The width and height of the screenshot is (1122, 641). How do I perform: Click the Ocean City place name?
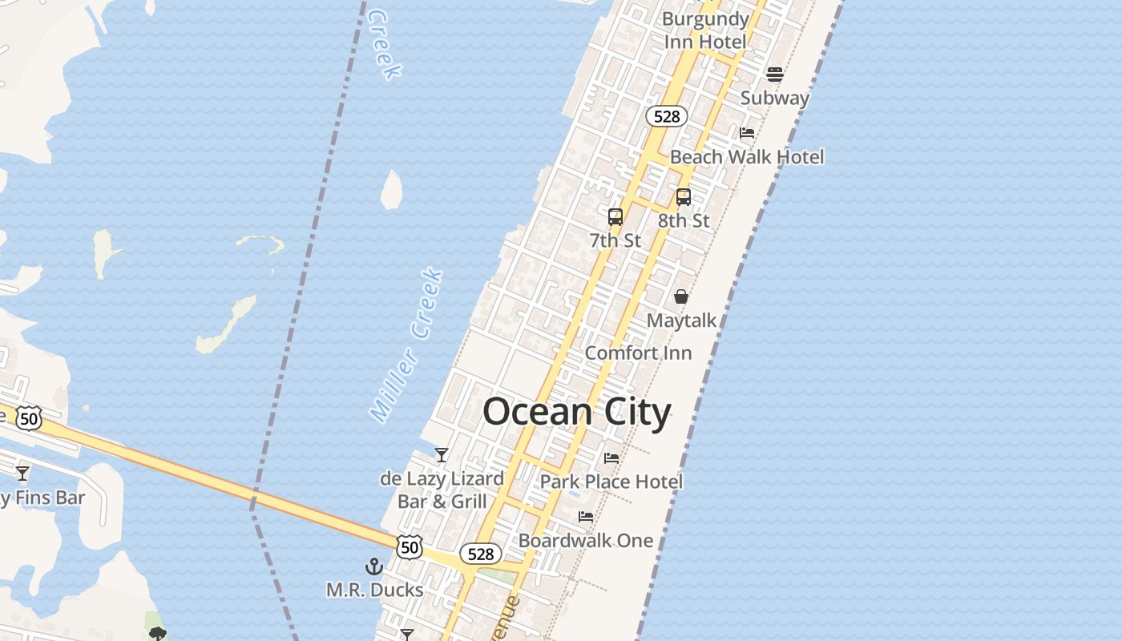coord(576,413)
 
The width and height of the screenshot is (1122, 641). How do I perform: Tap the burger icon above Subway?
coord(774,75)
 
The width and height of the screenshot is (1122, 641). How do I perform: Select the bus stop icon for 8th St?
coord(683,196)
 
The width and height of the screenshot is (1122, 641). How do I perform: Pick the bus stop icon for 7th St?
coord(615,216)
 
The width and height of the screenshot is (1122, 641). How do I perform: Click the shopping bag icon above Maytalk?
coord(680,296)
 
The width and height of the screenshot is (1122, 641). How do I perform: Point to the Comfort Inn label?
coord(638,353)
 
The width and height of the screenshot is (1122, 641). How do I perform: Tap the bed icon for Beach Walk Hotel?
coord(747,132)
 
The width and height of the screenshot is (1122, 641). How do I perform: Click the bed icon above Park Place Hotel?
coord(611,458)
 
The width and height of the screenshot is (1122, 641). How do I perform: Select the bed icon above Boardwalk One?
coord(586,517)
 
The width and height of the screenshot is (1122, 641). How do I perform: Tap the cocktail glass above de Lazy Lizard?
coord(441,455)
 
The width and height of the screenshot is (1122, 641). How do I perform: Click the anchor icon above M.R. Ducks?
coord(373,566)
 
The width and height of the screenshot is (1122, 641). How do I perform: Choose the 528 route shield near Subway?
coord(666,117)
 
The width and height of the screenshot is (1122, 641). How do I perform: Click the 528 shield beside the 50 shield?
coord(480,554)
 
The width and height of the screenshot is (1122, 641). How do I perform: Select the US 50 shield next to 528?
coord(410,547)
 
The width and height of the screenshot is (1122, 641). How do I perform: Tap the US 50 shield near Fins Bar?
coord(29,417)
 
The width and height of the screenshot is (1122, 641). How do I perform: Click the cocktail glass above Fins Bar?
coord(22,473)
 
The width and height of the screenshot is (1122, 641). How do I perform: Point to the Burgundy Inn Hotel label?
coord(705,30)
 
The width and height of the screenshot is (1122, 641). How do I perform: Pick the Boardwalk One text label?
coord(586,541)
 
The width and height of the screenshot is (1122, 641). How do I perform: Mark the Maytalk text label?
coord(681,320)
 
